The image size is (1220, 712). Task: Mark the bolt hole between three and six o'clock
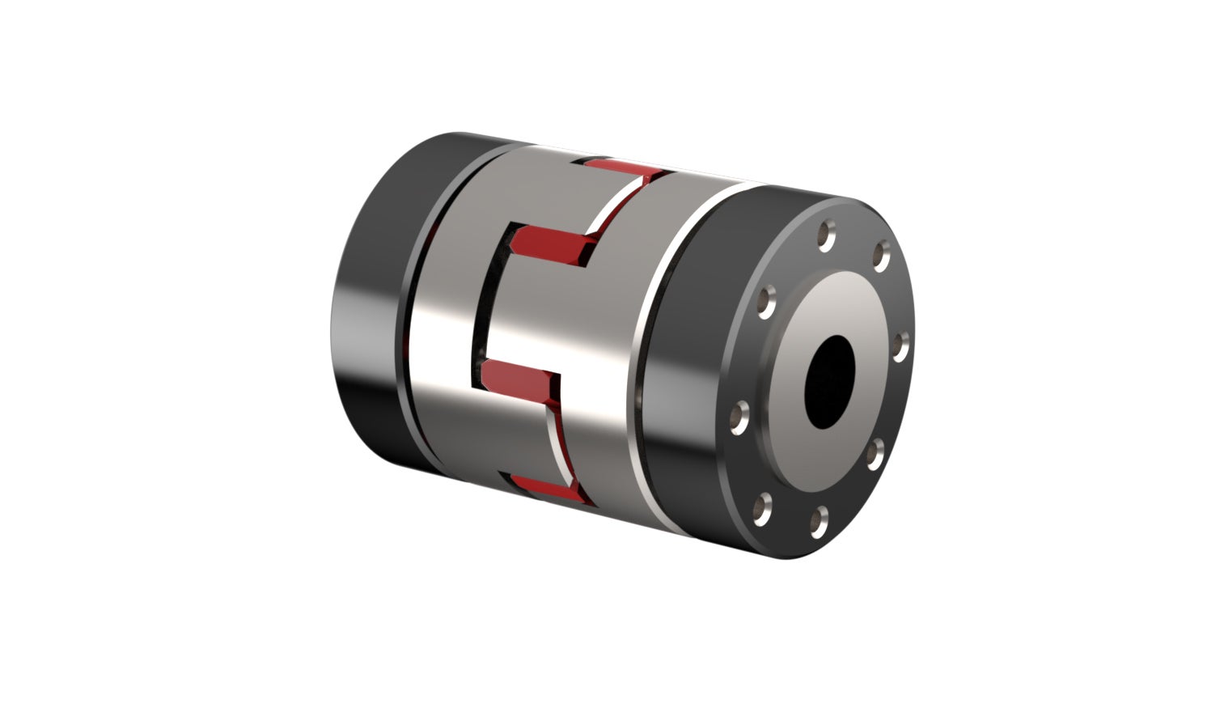pyautogui.click(x=875, y=453)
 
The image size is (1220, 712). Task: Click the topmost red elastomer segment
pyautogui.click(x=619, y=169)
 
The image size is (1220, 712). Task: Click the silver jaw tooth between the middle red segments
pyautogui.click(x=518, y=307)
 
